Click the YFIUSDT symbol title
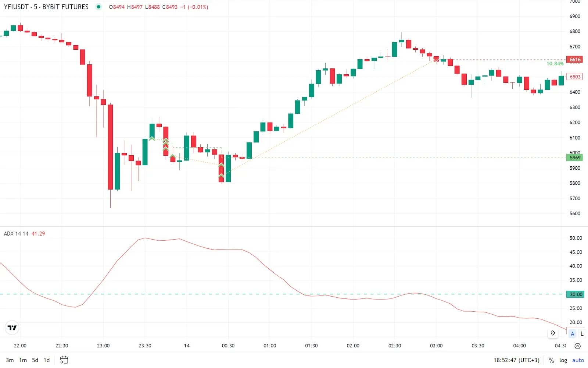click(x=16, y=7)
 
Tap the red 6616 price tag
click(x=575, y=60)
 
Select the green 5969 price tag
click(x=575, y=158)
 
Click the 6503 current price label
click(x=575, y=77)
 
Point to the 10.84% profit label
click(x=555, y=64)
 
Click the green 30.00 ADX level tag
click(x=576, y=294)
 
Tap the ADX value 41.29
click(x=38, y=234)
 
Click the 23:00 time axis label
click(x=103, y=346)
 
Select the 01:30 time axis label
click(x=311, y=346)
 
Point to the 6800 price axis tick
click(x=575, y=31)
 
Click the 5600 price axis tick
click(x=575, y=213)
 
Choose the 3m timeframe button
click(x=10, y=360)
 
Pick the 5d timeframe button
click(x=35, y=360)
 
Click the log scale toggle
click(x=563, y=360)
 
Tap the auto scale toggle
click(x=578, y=360)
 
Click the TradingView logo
click(x=12, y=328)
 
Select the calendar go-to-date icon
click(x=64, y=360)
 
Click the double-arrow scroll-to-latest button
click(x=553, y=333)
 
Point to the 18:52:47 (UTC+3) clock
click(x=516, y=360)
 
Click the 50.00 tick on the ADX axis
click(x=576, y=238)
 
